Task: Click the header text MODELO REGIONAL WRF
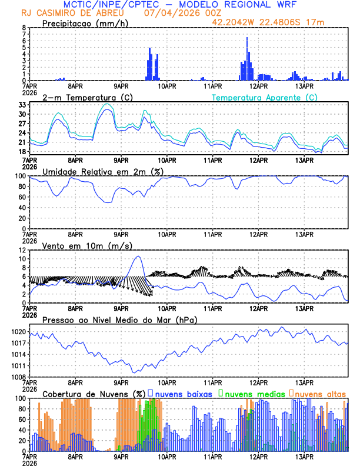tap(259, 4)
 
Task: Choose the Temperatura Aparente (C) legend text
tap(264, 97)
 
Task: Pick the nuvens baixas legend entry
tap(183, 394)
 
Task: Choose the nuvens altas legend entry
tap(320, 394)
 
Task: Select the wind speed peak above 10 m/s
tap(138, 257)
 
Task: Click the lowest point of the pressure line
tap(135, 372)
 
